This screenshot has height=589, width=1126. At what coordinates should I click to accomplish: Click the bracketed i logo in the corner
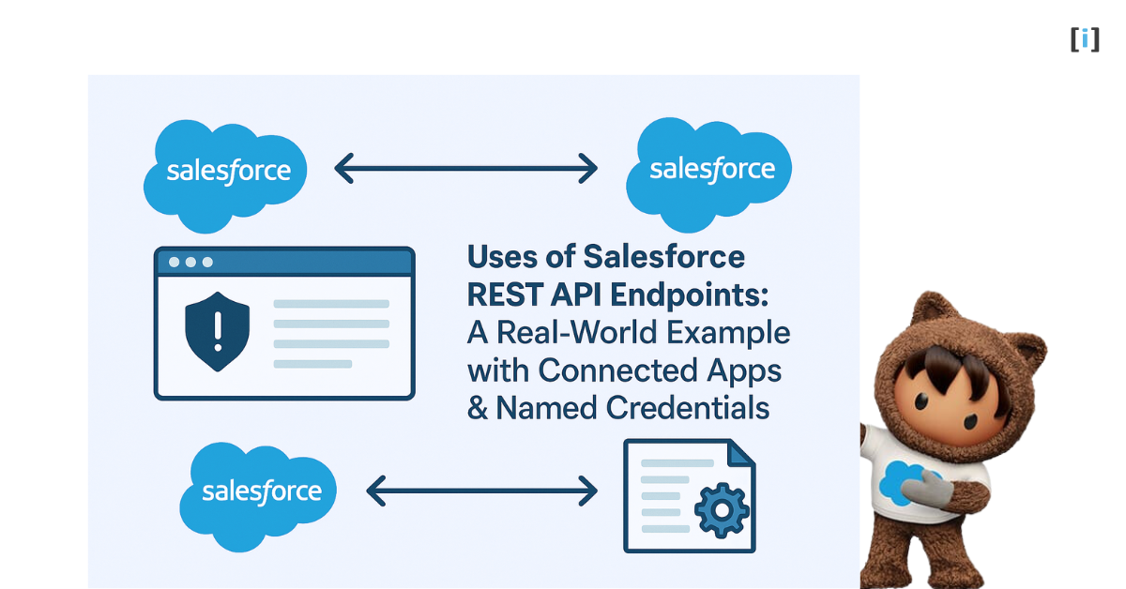1085,39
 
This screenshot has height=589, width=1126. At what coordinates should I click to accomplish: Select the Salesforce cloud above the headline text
711,169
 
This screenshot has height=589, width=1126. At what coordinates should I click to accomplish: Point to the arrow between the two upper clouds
465,169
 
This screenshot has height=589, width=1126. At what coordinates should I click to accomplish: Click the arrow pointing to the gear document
481,490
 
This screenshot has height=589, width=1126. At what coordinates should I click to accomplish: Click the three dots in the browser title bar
190,263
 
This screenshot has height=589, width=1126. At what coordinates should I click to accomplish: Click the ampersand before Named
478,408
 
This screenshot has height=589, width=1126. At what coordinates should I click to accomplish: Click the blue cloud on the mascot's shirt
903,479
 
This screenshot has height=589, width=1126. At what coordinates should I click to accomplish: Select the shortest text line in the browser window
312,364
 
